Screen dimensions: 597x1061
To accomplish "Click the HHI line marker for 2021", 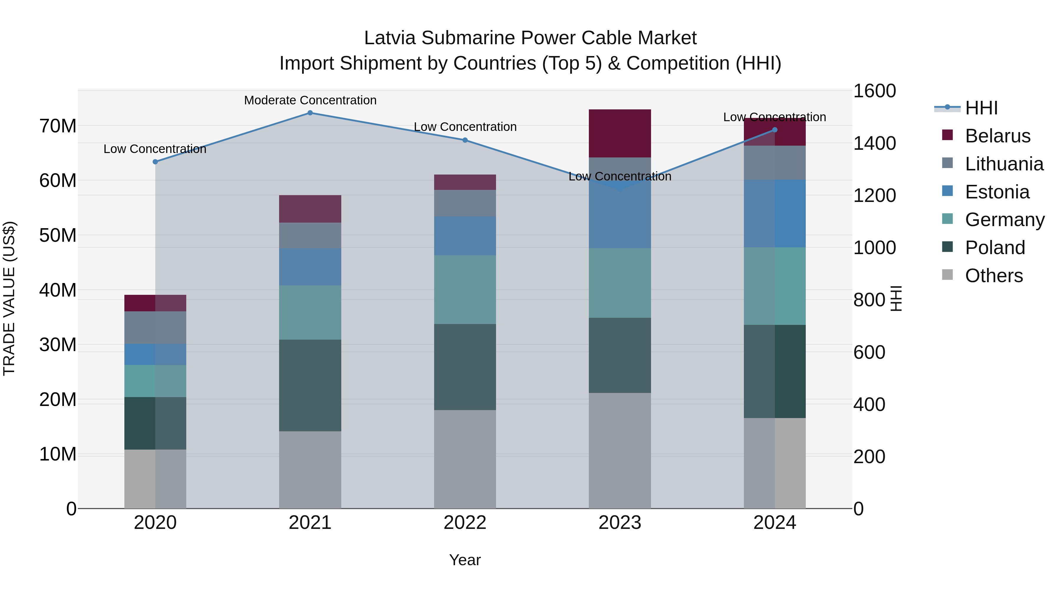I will [310, 113].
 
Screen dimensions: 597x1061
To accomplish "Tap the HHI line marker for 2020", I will [155, 162].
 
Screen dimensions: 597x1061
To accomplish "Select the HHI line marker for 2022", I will [465, 140].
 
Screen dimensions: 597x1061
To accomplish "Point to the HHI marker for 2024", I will [775, 130].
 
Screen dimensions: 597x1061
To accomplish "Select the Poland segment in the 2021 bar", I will [310, 385].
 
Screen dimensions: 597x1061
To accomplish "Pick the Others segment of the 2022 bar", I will [465, 459].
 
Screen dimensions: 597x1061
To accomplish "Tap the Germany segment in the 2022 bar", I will [465, 289].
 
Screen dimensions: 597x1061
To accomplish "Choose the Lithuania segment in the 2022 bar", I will [465, 203].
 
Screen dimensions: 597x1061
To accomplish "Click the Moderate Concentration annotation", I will [310, 100].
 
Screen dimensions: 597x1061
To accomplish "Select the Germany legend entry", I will [1004, 220].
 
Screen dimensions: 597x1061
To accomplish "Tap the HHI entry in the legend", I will [981, 108].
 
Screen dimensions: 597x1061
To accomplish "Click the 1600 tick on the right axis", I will [874, 91].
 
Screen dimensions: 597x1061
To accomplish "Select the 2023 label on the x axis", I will [620, 523].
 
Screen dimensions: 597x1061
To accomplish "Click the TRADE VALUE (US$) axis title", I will [9, 298].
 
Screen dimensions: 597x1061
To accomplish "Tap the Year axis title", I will [465, 560].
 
